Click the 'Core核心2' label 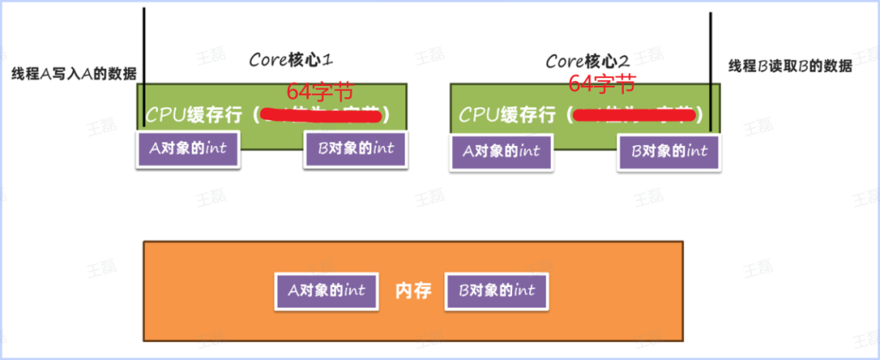coord(588,62)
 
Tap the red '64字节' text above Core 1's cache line coord(321,91)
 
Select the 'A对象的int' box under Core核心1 coord(188,148)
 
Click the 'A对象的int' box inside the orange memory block coord(327,290)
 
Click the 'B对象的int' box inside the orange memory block coord(495,290)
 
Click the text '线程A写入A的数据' coord(74,72)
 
